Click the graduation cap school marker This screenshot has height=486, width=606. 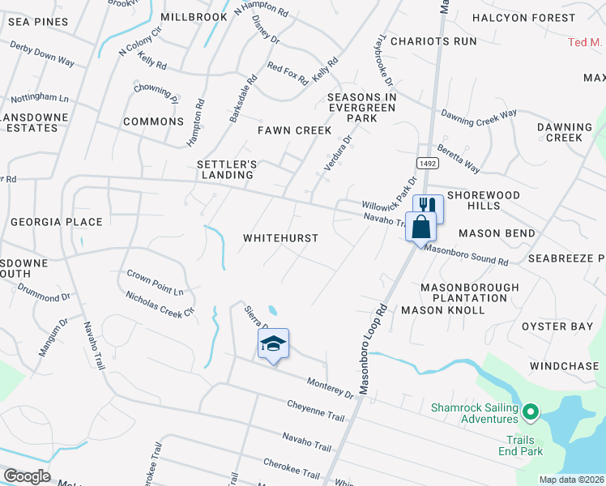[274, 343]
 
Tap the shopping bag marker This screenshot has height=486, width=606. [420, 226]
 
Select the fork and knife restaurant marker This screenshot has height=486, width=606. [429, 207]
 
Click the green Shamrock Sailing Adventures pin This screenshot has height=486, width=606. [530, 413]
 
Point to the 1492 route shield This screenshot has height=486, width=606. [428, 163]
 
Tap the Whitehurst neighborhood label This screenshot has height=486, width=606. [281, 238]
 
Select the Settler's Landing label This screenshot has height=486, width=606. [227, 169]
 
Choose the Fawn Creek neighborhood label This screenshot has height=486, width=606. [294, 130]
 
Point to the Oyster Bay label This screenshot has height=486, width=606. [557, 326]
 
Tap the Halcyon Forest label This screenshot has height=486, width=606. [523, 18]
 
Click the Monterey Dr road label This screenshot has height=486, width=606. [330, 387]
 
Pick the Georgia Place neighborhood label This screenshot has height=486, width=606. [56, 222]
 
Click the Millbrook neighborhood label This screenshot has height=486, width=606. [194, 17]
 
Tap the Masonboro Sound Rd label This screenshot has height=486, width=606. [465, 257]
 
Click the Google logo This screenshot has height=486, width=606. [26, 476]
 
